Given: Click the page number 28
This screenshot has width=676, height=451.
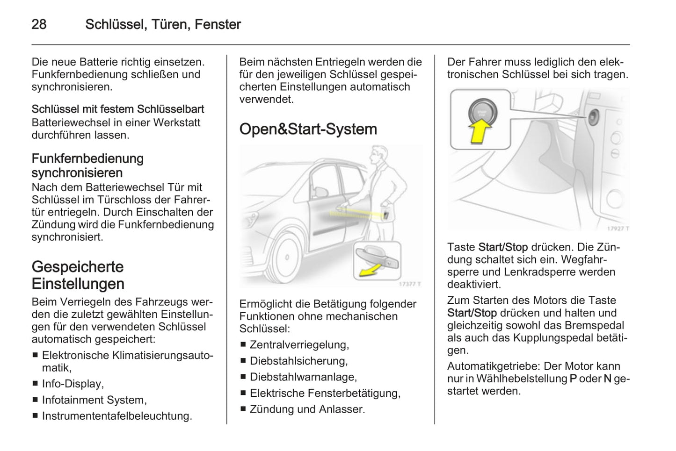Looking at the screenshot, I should pyautogui.click(x=39, y=24).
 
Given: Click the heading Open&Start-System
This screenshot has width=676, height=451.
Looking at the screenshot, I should pyautogui.click(x=308, y=129).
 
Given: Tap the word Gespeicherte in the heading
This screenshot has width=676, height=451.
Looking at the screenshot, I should pyautogui.click(x=78, y=267).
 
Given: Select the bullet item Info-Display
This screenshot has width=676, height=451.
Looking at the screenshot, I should pyautogui.click(x=73, y=384).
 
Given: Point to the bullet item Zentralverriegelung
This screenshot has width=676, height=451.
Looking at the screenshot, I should pyautogui.click(x=299, y=345).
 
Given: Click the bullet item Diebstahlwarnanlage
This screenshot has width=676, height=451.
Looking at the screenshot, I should pyautogui.click(x=303, y=377).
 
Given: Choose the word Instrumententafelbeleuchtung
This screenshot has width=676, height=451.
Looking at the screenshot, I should pyautogui.click(x=116, y=416).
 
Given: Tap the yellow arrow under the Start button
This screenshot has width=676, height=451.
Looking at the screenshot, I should pyautogui.click(x=480, y=131).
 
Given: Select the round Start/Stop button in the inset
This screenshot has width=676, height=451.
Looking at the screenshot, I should pyautogui.click(x=480, y=112).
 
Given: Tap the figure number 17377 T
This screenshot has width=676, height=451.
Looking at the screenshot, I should pyautogui.click(x=410, y=284).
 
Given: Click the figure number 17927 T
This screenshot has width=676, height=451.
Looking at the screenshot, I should pyautogui.click(x=617, y=228).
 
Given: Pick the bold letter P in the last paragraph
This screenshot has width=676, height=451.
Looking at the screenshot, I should pyautogui.click(x=573, y=379).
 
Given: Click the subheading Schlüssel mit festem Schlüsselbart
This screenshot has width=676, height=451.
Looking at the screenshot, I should pyautogui.click(x=118, y=109).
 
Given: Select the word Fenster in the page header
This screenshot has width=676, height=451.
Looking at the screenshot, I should pyautogui.click(x=218, y=24).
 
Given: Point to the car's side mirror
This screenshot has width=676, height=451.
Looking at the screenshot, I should pyautogui.click(x=320, y=192).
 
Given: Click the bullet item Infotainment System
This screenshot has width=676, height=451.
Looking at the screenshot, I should pyautogui.click(x=94, y=400).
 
